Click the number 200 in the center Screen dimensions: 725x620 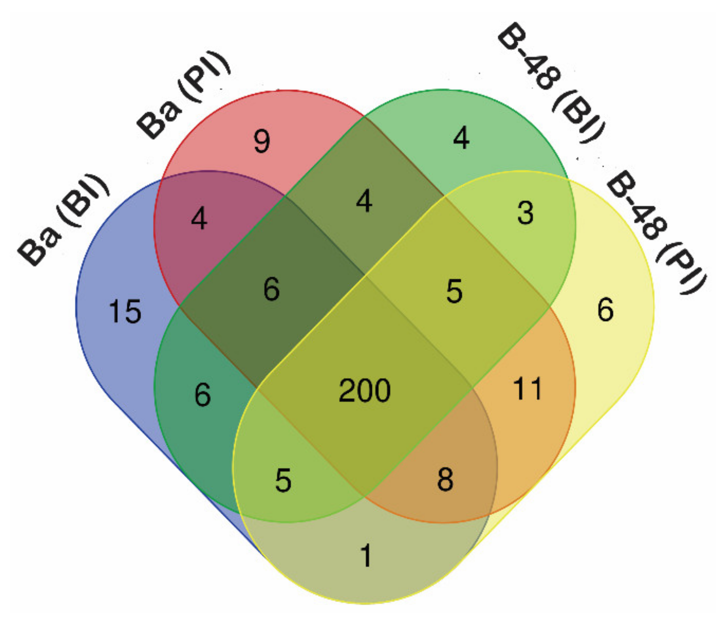[x=364, y=391]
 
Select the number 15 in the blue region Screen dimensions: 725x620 [x=125, y=312]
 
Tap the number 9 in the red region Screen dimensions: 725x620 [x=262, y=141]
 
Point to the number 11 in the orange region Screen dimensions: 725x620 [x=527, y=389]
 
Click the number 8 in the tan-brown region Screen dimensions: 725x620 [x=445, y=479]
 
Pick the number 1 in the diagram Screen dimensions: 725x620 [x=366, y=555]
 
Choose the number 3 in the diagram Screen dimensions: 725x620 [x=525, y=213]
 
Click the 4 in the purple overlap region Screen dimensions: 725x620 [x=199, y=219]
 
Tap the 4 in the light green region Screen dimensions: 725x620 [x=461, y=138]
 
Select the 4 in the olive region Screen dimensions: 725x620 [x=364, y=201]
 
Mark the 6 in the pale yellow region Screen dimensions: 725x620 [x=605, y=310]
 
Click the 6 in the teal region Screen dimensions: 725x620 [x=203, y=395]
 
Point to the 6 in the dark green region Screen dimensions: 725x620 [x=271, y=290]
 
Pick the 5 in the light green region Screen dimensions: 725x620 [x=283, y=480]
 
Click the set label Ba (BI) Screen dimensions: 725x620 [x=63, y=220]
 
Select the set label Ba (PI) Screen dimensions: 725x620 [x=184, y=95]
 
